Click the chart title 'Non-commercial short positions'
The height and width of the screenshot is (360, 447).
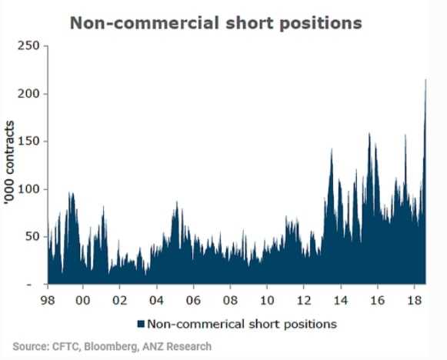[215, 23]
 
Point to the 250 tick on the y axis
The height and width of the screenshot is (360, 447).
[28, 45]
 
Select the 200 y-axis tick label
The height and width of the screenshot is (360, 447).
[28, 94]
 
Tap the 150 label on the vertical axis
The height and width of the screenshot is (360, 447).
[28, 142]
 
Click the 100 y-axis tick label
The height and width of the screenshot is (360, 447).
[28, 189]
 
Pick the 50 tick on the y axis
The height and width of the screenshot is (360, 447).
[32, 237]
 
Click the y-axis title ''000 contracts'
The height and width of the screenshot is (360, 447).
[9, 162]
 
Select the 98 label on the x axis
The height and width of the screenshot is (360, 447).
[48, 300]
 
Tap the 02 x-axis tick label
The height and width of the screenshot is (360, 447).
[119, 300]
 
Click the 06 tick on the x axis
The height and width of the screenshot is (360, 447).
[193, 300]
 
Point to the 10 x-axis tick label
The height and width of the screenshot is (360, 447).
[267, 300]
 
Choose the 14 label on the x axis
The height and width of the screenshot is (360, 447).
[341, 300]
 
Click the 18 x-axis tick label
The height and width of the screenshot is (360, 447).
[414, 300]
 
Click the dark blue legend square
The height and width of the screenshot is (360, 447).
[141, 324]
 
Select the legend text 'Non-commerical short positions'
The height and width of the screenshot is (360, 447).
[242, 324]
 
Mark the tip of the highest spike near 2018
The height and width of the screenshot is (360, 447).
[426, 79]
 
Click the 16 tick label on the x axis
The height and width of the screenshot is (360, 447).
[378, 300]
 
